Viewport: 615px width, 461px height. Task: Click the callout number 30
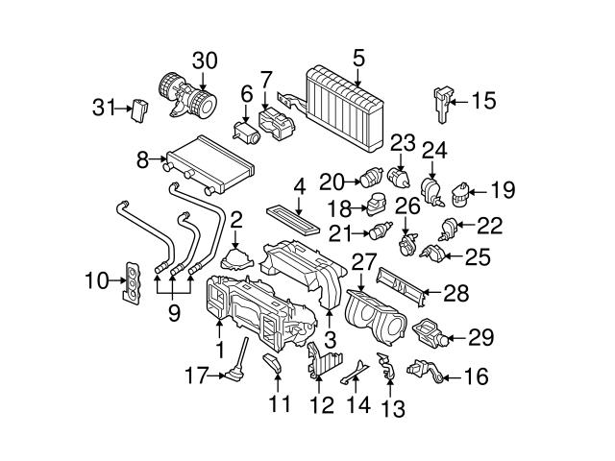pos(205,60)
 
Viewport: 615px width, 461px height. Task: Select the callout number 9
pos(173,312)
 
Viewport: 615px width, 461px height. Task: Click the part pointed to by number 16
pos(423,369)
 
